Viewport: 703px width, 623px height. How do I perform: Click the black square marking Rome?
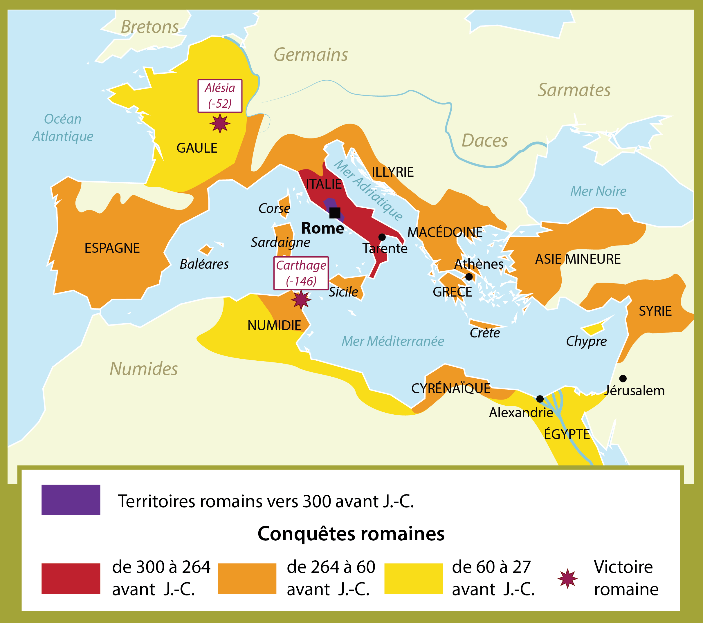(x=335, y=213)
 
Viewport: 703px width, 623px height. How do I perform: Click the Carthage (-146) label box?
(x=301, y=273)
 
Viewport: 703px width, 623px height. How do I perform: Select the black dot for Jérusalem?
(x=623, y=379)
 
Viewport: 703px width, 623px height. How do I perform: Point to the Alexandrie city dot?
(x=540, y=399)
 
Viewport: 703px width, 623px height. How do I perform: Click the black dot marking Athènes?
(x=469, y=277)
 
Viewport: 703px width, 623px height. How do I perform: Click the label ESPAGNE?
(x=112, y=248)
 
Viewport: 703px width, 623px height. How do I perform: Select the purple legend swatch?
(x=71, y=500)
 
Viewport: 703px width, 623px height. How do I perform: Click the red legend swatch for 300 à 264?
(x=71, y=578)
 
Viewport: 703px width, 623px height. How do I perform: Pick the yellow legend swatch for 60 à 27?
(x=413, y=578)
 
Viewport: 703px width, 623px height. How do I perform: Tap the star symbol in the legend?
(x=567, y=578)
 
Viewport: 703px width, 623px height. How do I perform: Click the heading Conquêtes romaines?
(x=351, y=534)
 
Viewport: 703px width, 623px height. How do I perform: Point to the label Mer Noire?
(x=598, y=191)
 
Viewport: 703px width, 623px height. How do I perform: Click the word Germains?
(x=311, y=55)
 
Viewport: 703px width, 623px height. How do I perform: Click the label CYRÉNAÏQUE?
(x=450, y=389)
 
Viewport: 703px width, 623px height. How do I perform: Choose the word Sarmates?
(x=574, y=90)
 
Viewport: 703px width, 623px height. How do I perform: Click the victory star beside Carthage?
(x=301, y=299)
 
